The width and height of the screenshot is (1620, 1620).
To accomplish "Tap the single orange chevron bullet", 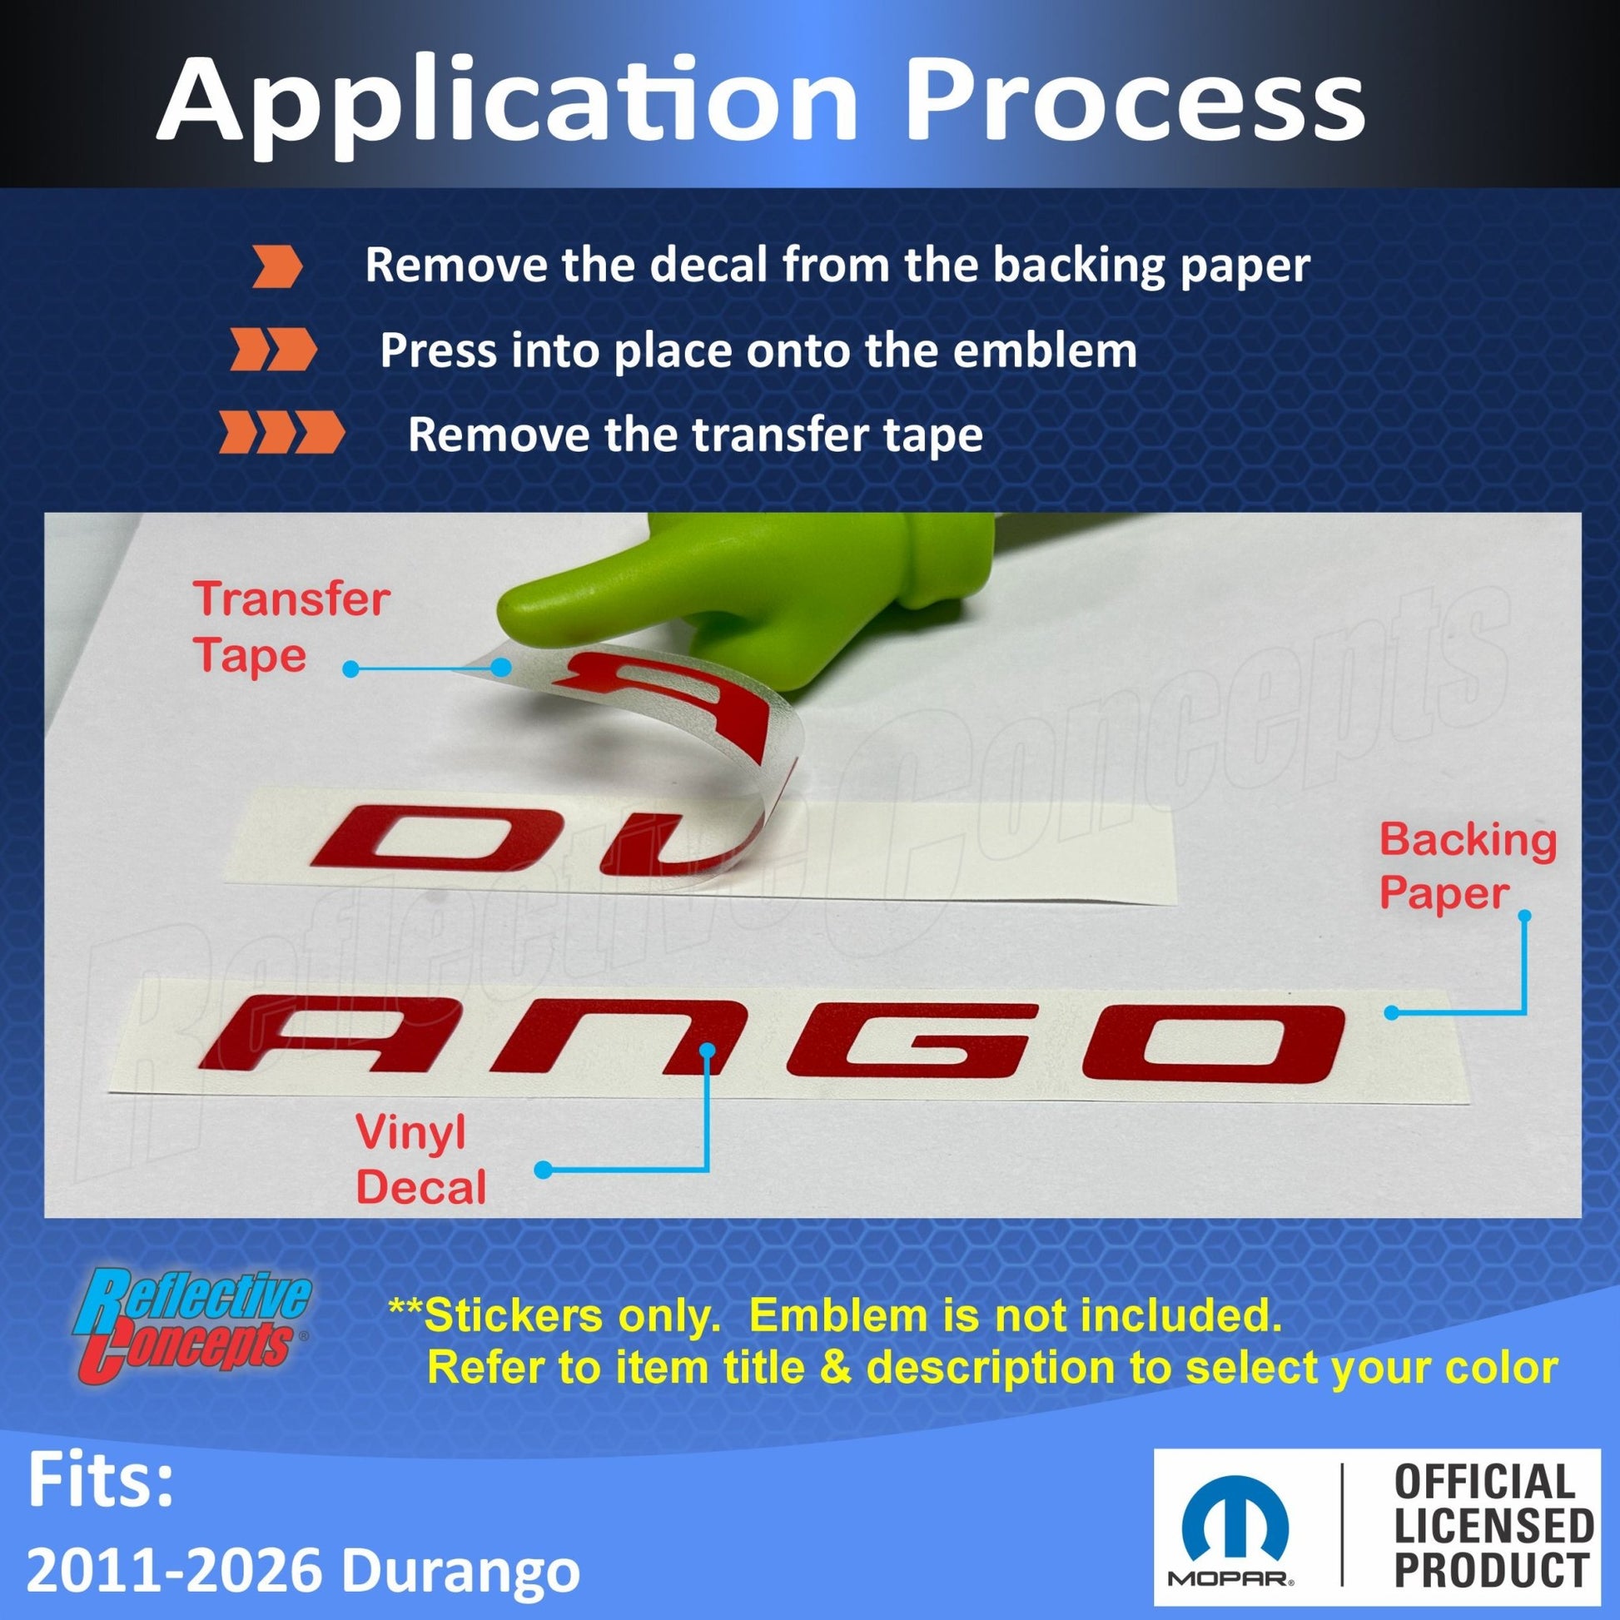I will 276,267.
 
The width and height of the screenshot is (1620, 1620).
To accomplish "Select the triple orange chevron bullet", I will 281,433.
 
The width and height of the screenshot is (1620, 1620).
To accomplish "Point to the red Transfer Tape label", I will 291,627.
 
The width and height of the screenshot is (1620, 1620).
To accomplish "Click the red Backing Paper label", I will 1468,866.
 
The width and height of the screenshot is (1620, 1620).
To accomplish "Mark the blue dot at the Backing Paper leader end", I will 1391,1013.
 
